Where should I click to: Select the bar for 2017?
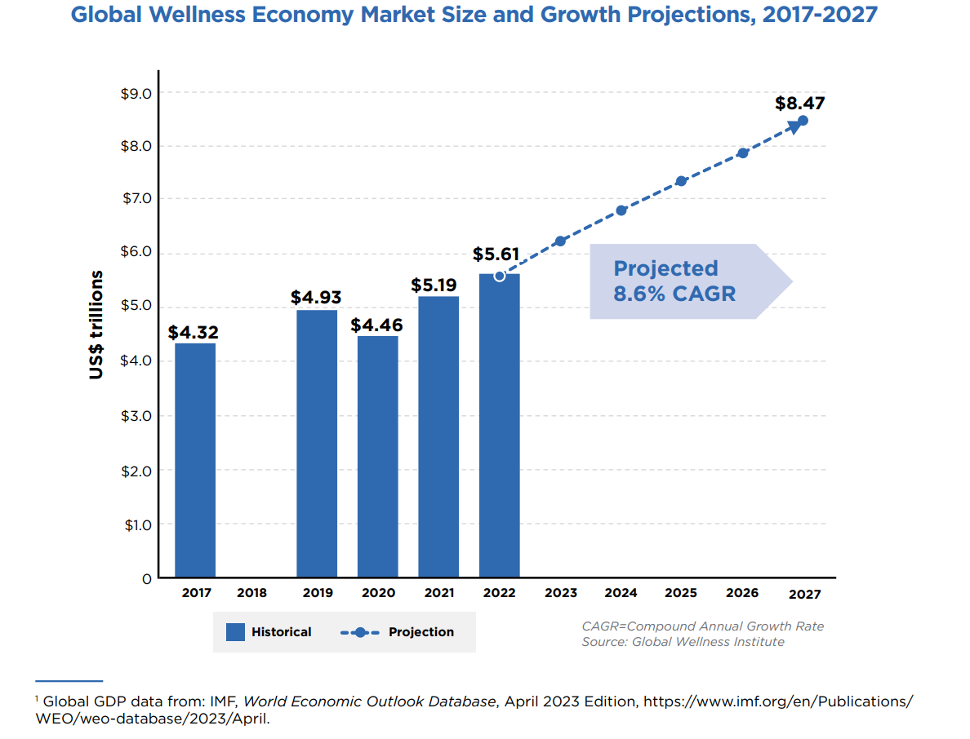[195, 460]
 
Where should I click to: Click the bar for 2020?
[377, 457]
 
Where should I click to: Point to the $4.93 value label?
[316, 298]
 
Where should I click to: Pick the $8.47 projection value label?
[799, 104]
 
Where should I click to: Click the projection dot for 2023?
[560, 241]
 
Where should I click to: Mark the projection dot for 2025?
[681, 181]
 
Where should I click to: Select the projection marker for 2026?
[742, 153]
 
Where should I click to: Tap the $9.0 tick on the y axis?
[136, 94]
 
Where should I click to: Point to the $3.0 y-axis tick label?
[136, 416]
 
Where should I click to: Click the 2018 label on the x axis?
[251, 593]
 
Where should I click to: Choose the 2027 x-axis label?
[804, 595]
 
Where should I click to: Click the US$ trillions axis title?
[97, 325]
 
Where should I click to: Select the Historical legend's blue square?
[235, 632]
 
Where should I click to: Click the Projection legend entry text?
[420, 632]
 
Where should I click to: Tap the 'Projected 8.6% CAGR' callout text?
[674, 281]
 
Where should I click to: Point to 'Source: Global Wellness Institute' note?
[683, 642]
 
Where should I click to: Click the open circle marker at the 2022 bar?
[500, 277]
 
